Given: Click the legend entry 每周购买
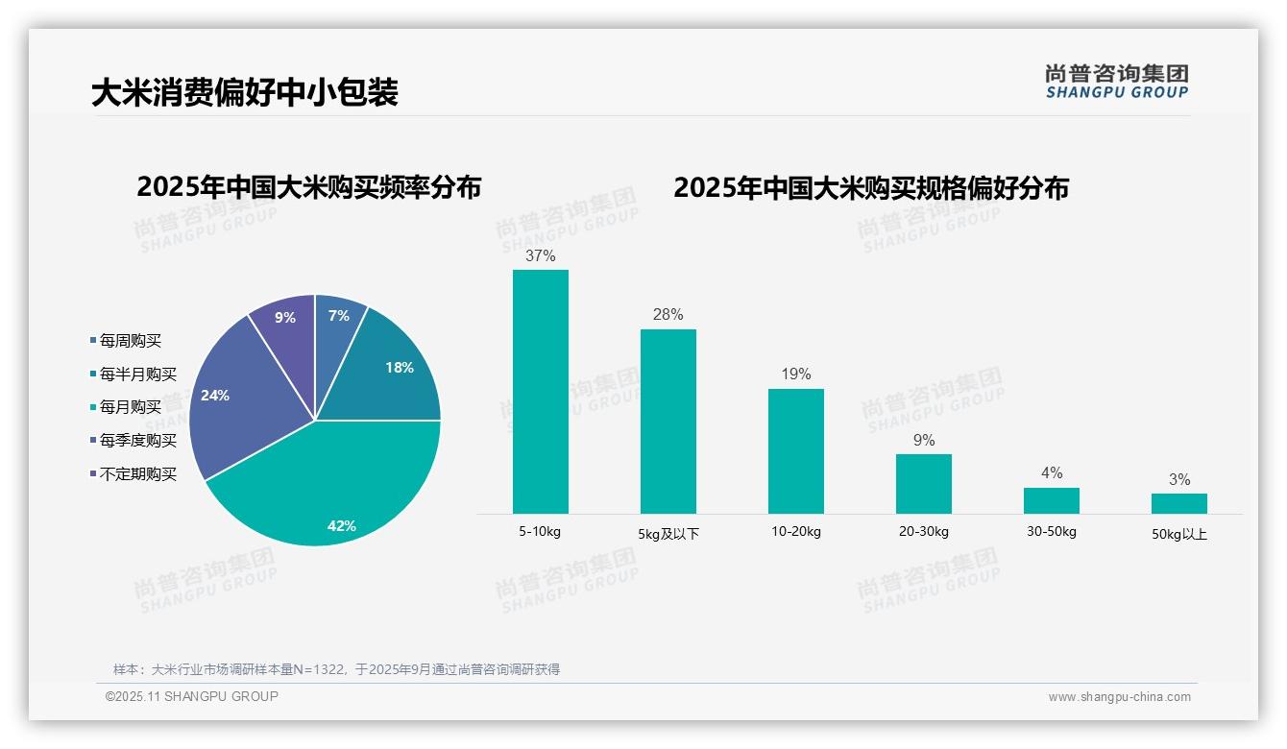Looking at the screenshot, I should pyautogui.click(x=130, y=341).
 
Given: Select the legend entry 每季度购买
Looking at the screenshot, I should pyautogui.click(x=137, y=441).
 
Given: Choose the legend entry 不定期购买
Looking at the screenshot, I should pyautogui.click(x=137, y=474).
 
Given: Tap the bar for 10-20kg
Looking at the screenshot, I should pyautogui.click(x=796, y=451).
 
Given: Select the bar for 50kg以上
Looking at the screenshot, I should pyautogui.click(x=1179, y=503).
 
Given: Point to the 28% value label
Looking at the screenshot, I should pyautogui.click(x=668, y=315).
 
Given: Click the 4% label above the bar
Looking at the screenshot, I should pyautogui.click(x=1052, y=472).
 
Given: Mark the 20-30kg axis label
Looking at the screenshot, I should pyautogui.click(x=924, y=532).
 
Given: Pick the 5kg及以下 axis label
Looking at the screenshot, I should pyautogui.click(x=669, y=534).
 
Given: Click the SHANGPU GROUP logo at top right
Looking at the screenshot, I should pyautogui.click(x=1117, y=82).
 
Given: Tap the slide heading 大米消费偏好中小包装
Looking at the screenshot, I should pyautogui.click(x=244, y=93).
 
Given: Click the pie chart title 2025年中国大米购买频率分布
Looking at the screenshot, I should pyautogui.click(x=308, y=187).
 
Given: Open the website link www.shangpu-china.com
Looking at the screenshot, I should pyautogui.click(x=1119, y=697).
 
